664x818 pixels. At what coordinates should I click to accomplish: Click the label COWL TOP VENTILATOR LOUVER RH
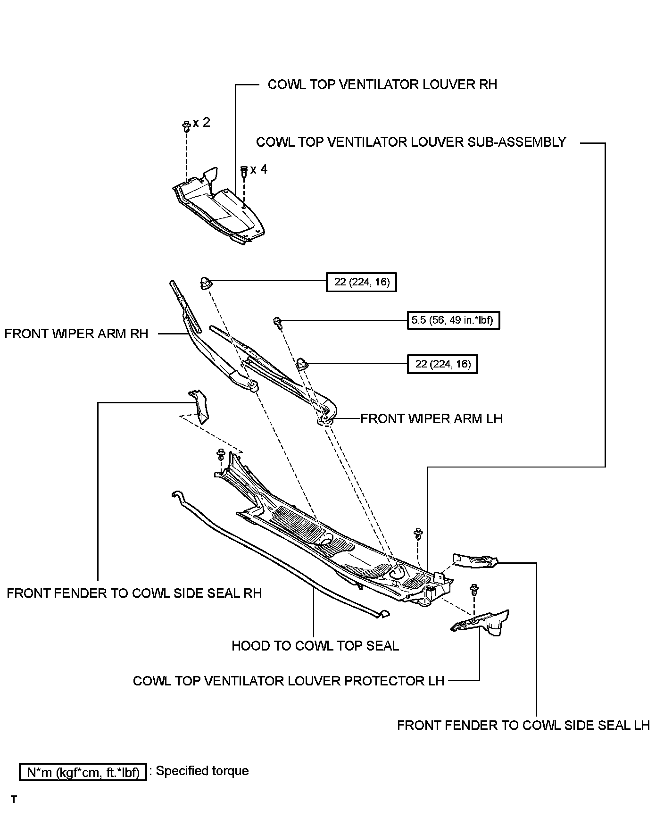tap(382, 84)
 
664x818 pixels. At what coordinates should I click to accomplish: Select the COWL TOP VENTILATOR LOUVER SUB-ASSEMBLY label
tap(411, 142)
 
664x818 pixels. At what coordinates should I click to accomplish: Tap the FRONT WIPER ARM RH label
tap(76, 334)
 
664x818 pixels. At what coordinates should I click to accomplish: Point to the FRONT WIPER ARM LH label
tap(432, 418)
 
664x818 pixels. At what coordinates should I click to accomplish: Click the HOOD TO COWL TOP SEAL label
tap(315, 646)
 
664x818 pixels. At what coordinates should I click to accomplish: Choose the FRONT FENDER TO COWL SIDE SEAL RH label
tap(134, 593)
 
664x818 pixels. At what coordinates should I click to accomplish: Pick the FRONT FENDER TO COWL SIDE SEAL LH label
tap(523, 725)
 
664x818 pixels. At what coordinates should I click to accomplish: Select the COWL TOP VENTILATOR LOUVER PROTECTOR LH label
tap(289, 681)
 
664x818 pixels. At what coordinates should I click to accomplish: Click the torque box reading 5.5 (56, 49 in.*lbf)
tap(453, 321)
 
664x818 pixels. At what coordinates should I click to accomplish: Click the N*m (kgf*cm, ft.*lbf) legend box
tap(83, 772)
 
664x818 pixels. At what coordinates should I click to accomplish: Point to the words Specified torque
tap(202, 771)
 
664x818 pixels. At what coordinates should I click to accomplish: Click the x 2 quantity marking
tap(201, 123)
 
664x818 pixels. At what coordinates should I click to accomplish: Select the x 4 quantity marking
tap(259, 169)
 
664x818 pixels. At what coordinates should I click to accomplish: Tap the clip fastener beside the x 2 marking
tap(186, 126)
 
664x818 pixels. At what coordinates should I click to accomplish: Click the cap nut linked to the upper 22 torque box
tap(206, 283)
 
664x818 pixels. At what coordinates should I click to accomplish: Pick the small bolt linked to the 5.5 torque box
tap(278, 322)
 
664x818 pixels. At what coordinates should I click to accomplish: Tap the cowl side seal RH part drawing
tap(199, 407)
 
